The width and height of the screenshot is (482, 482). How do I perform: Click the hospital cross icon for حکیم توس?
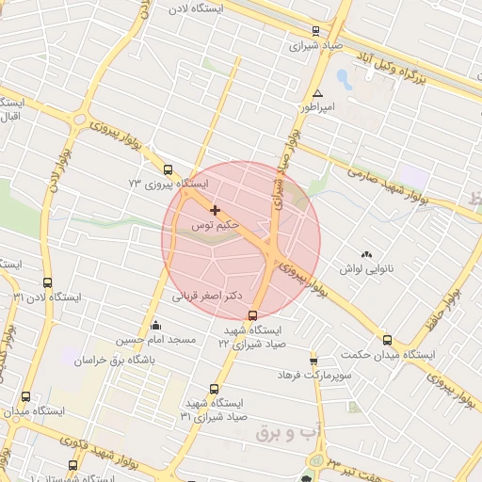(216, 210)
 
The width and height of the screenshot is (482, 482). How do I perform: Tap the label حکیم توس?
(216, 227)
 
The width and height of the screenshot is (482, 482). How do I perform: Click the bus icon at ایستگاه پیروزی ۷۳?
(168, 170)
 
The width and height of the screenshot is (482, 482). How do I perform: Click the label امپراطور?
(317, 108)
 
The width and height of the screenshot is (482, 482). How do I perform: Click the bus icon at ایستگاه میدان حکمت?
(387, 340)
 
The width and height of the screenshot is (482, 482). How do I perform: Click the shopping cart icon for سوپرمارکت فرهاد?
(313, 361)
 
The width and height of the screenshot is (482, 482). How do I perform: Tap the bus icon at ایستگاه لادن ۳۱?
(48, 282)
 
